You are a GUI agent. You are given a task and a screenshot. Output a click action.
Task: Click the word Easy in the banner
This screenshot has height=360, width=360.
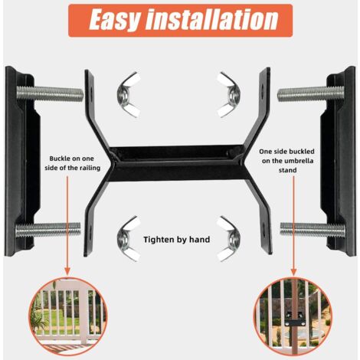(115, 20)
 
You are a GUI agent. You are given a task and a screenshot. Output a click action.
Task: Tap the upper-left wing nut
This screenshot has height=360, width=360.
(129, 95)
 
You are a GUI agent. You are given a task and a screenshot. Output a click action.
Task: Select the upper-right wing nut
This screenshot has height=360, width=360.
(229, 95)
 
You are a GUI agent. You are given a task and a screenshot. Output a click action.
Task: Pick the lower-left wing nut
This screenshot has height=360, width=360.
(129, 239)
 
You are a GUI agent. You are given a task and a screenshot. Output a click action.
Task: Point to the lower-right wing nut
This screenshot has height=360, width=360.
(229, 239)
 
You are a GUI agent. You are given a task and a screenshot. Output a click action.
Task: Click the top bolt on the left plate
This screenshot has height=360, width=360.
(50, 93)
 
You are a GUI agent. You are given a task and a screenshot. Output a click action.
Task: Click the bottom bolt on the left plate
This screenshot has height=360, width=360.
(48, 230)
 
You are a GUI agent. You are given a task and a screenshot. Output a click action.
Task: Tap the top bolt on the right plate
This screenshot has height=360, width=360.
(311, 93)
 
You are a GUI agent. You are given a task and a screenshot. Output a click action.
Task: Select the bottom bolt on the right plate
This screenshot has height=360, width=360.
(313, 229)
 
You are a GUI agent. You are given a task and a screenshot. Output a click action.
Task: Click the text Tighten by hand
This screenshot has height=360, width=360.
(177, 240)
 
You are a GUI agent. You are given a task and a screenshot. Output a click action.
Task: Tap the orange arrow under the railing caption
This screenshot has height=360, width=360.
(67, 225)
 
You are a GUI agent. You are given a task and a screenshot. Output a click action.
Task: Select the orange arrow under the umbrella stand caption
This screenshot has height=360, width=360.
(293, 225)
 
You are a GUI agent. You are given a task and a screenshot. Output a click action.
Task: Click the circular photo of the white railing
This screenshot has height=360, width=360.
(67, 316)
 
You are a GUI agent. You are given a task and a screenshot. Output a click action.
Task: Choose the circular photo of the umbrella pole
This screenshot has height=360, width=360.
(293, 316)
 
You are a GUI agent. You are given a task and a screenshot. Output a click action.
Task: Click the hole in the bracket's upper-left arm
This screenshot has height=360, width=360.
(91, 90)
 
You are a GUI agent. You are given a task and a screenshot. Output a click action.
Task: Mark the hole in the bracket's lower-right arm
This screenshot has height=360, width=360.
(263, 226)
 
